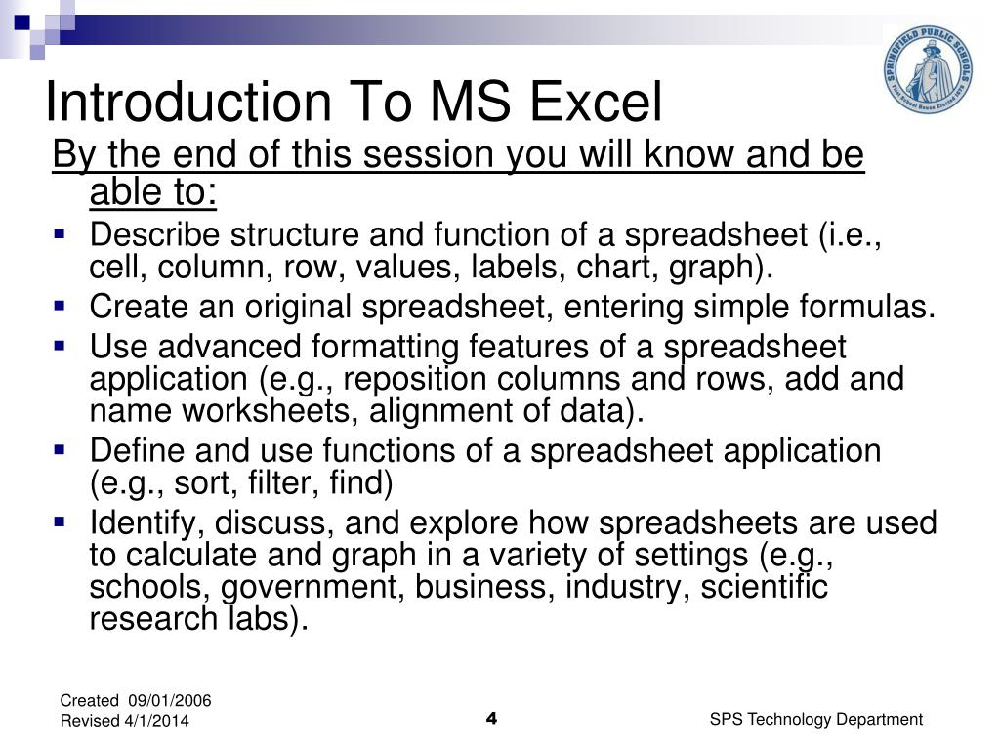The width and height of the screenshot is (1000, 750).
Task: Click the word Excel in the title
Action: pyautogui.click(x=597, y=103)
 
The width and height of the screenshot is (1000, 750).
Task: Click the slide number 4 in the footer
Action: pyautogui.click(x=491, y=720)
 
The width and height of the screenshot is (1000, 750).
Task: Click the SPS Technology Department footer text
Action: pyautogui.click(x=815, y=719)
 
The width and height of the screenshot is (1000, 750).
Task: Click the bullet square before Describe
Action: pyautogui.click(x=60, y=234)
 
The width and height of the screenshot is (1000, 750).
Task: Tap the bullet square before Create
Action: pyautogui.click(x=60, y=306)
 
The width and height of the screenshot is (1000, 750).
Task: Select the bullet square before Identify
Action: pyautogui.click(x=60, y=521)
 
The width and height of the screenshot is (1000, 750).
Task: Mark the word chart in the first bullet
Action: pyautogui.click(x=638, y=268)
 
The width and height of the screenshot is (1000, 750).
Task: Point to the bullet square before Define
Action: pyautogui.click(x=60, y=449)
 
